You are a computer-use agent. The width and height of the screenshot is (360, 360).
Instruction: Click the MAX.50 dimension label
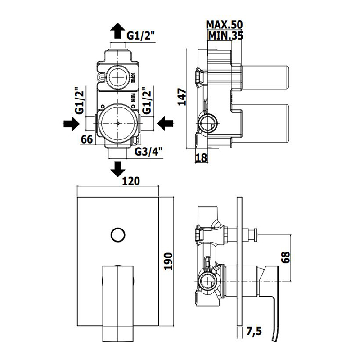pyautogui.click(x=224, y=25)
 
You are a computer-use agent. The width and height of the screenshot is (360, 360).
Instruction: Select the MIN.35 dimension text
pyautogui.click(x=225, y=36)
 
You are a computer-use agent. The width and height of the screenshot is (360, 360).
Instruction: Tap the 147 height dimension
pyautogui.click(x=183, y=97)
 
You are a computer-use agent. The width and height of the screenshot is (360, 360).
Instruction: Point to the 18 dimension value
pyautogui.click(x=201, y=158)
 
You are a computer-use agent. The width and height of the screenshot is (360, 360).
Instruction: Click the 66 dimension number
pyautogui.click(x=87, y=139)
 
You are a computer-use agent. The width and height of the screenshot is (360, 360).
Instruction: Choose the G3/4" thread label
pyautogui.click(x=148, y=151)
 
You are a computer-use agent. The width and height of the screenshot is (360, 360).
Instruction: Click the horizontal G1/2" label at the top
pyautogui.click(x=141, y=36)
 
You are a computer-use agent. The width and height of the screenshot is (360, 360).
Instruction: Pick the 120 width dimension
pyautogui.click(x=131, y=181)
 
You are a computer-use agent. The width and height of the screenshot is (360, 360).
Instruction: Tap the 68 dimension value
pyautogui.click(x=285, y=257)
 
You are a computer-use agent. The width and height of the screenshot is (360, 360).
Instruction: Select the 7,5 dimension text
pyautogui.click(x=254, y=332)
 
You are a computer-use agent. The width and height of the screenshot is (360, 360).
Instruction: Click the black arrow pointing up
pyautogui.click(x=118, y=31)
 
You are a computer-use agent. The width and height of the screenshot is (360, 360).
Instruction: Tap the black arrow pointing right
pyautogui.click(x=72, y=124)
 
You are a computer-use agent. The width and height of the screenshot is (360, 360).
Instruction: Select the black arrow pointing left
pyautogui.click(x=166, y=123)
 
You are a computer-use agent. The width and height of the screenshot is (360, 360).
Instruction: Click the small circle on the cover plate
pyautogui.click(x=118, y=235)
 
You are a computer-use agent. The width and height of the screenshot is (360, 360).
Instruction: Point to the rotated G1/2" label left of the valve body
pyautogui.click(x=80, y=100)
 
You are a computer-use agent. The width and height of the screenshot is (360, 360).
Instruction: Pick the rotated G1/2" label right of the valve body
pyautogui.click(x=147, y=100)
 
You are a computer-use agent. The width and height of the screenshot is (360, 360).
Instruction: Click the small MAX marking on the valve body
pyautogui.click(x=133, y=78)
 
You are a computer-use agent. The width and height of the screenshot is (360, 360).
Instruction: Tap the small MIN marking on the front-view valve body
pyautogui.click(x=133, y=98)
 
